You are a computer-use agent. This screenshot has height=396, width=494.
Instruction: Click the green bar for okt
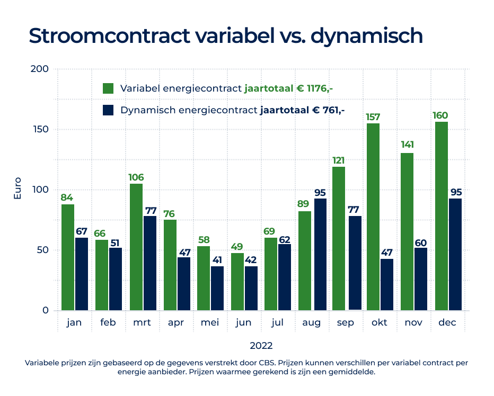click(x=373, y=217)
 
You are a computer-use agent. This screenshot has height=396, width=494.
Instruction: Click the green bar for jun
click(x=237, y=282)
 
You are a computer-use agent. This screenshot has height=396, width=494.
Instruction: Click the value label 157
click(x=373, y=116)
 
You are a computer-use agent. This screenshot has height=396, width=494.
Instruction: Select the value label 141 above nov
click(x=407, y=145)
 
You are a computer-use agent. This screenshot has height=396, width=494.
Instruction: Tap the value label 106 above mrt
click(x=136, y=177)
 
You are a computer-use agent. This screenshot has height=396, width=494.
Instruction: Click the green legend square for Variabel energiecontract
click(x=109, y=88)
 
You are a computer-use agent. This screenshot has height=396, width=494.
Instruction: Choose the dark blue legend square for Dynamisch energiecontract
click(x=109, y=110)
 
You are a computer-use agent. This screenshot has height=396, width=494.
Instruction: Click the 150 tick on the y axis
click(x=41, y=130)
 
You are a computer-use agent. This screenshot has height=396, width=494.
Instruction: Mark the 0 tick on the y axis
click(x=46, y=311)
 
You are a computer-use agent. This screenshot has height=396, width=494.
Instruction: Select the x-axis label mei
click(x=210, y=323)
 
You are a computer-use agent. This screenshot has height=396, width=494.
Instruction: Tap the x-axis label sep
click(x=346, y=323)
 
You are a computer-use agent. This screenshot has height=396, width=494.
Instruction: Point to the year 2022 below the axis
click(x=261, y=346)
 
